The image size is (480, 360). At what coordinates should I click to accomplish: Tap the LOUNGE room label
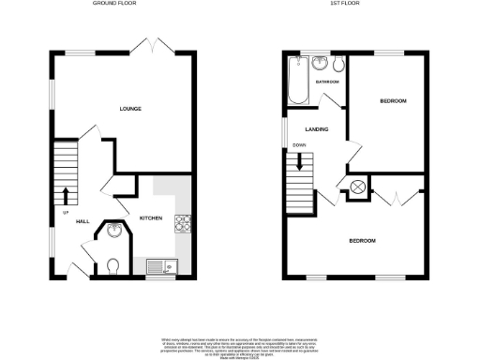[130, 110]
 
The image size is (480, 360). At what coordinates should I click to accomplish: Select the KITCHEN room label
[151, 218]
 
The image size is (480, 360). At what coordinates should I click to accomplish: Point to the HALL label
[82, 221]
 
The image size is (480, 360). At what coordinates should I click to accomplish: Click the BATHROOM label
[326, 82]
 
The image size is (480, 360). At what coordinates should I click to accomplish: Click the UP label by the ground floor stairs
[66, 213]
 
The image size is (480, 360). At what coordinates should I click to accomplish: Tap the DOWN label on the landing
[299, 145]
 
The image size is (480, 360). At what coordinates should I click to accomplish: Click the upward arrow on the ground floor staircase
[66, 195]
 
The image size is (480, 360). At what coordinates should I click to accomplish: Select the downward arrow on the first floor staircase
[300, 160]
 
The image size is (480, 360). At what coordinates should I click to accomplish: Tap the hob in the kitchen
[183, 223]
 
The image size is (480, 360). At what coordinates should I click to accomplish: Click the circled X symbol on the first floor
[358, 188]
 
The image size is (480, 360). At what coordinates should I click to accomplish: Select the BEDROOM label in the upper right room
[393, 100]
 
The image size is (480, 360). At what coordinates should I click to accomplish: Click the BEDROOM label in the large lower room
[362, 241]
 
